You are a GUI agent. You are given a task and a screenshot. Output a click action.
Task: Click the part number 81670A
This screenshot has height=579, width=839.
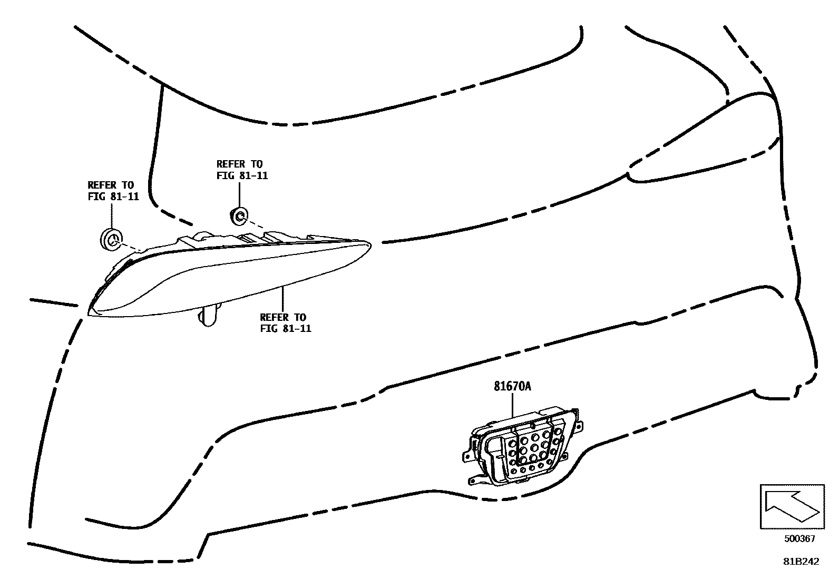(x=512, y=386)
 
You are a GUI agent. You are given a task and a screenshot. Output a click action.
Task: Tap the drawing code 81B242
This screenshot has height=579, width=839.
(x=801, y=562)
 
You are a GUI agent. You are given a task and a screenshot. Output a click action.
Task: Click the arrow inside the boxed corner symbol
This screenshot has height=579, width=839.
(x=790, y=506)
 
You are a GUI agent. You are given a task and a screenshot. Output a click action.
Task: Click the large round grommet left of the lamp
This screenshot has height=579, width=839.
(x=111, y=240)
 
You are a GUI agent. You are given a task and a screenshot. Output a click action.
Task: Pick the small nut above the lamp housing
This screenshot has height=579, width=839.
(x=238, y=215)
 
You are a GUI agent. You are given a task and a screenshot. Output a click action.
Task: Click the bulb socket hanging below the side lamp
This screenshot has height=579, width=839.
(x=209, y=317)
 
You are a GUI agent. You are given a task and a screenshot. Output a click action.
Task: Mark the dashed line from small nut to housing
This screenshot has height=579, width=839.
(x=253, y=223)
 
